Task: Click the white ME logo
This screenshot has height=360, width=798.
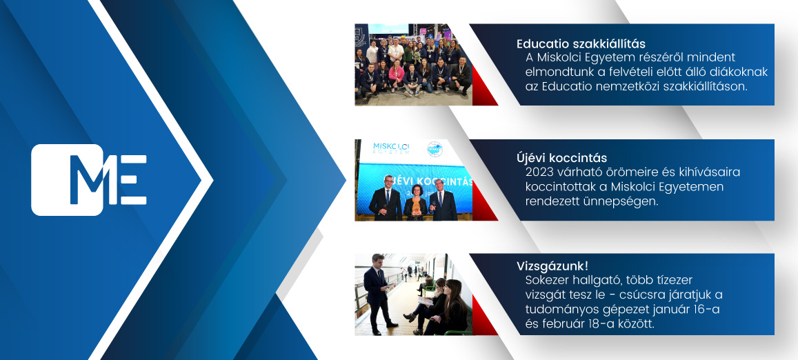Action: click(x=89, y=180)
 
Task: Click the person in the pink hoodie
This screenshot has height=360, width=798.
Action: click(x=397, y=75)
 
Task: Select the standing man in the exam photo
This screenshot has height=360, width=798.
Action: click(x=378, y=294)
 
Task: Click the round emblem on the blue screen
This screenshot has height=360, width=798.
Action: click(x=435, y=149)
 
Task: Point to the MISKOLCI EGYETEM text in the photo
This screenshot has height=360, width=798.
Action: click(x=391, y=149)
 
